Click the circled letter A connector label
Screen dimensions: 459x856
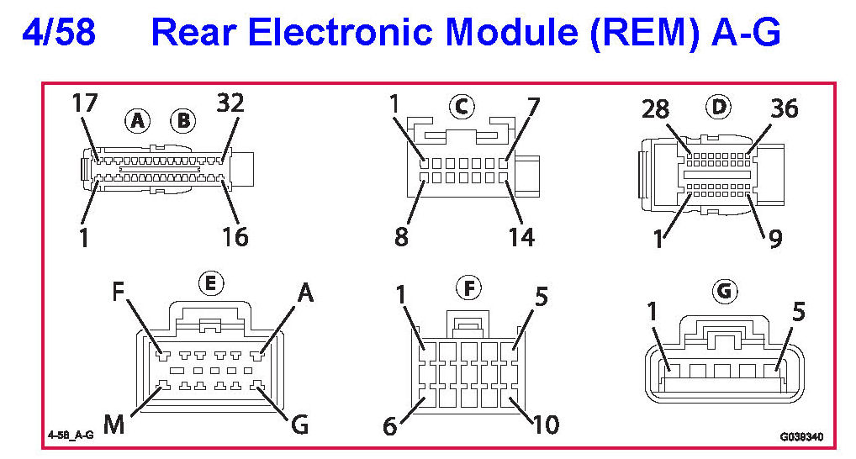(138, 121)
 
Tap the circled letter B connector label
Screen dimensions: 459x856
(182, 121)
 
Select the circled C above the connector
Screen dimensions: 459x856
(461, 107)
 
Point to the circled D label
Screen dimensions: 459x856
(720, 107)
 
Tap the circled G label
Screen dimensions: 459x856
(723, 292)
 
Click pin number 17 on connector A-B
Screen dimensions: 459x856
(85, 104)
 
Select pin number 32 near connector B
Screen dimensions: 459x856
(230, 104)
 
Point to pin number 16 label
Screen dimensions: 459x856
(235, 237)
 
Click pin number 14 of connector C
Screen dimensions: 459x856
(521, 237)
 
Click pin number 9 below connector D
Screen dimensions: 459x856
(774, 238)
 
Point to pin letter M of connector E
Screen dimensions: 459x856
(114, 425)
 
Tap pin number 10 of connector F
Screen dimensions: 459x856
(547, 425)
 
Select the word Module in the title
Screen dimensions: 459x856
(515, 33)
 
